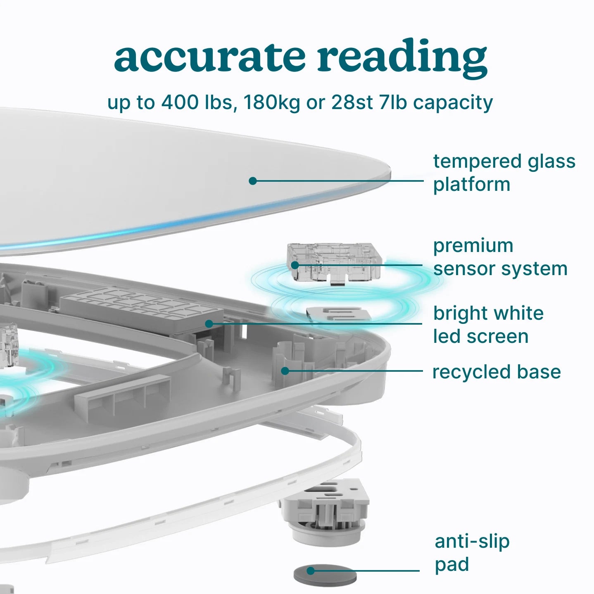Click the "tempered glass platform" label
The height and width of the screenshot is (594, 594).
(504, 173)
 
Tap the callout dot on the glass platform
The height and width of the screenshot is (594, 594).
(253, 181)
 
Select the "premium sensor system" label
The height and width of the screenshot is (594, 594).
(500, 257)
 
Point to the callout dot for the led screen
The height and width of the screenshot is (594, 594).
(209, 324)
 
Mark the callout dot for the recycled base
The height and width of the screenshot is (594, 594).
(285, 371)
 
